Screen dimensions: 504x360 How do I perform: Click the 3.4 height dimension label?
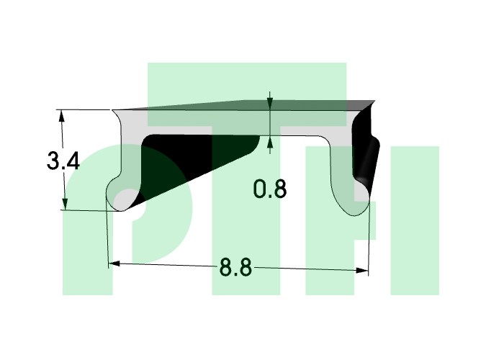63,161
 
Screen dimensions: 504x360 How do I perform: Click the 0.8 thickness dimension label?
270,189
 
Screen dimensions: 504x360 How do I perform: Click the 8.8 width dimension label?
235,267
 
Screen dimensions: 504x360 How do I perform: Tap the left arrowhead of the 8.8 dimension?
114,264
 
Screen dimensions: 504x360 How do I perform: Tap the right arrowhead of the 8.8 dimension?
363,270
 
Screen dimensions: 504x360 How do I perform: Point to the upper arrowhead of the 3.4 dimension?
61,117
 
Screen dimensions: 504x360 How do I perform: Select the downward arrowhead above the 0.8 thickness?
270,104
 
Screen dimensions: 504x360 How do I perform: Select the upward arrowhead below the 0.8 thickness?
270,143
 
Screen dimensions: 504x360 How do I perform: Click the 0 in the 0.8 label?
260,189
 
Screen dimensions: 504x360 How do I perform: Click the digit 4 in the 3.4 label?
73,161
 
